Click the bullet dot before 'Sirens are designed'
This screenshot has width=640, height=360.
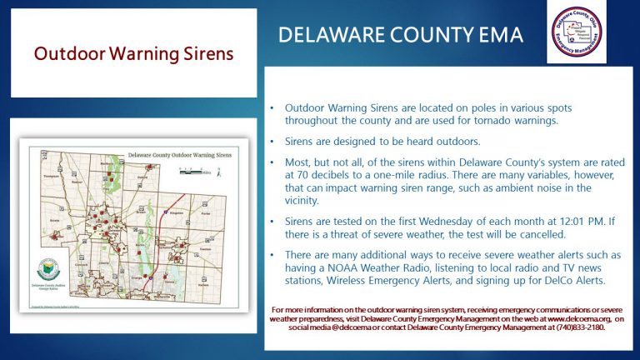click(x=272, y=142)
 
